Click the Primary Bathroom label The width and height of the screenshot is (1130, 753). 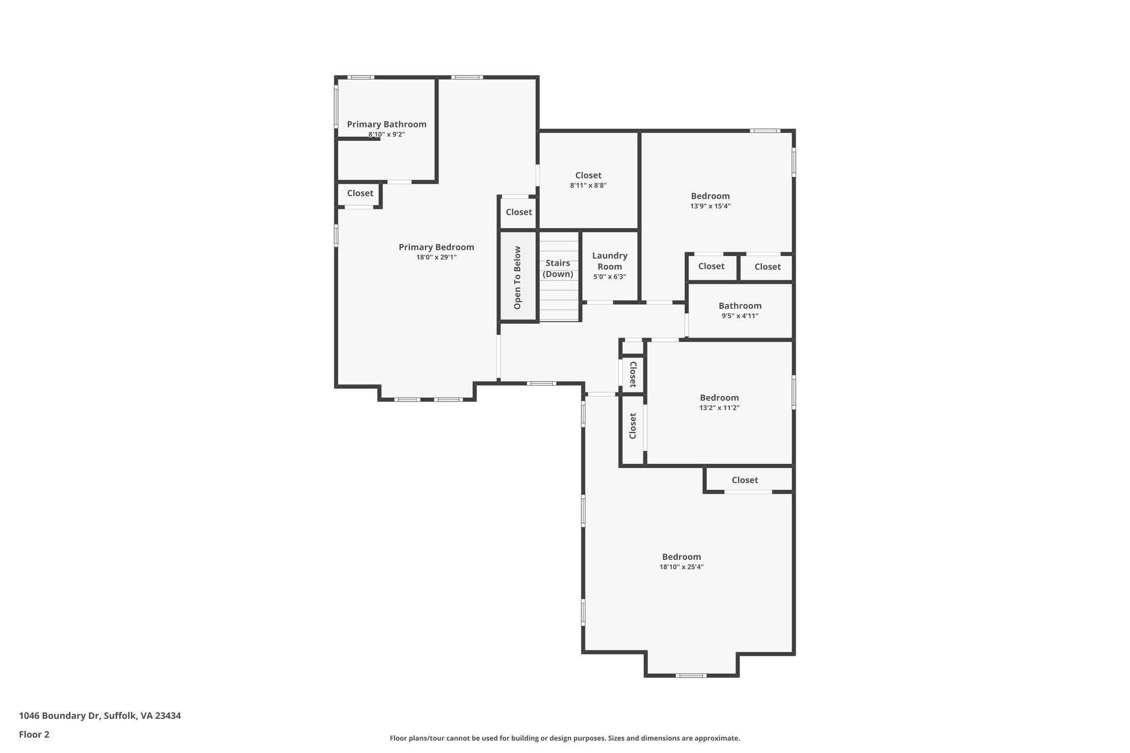[x=386, y=125]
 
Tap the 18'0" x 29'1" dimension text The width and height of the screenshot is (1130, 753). [x=436, y=257]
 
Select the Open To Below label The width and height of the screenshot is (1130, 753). [x=518, y=277]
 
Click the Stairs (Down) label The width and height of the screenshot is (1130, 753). [x=558, y=269]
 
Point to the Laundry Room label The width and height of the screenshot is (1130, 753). [x=610, y=261]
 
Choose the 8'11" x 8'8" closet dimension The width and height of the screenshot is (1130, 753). [x=588, y=186]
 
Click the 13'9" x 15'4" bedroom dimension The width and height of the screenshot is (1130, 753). [x=710, y=206]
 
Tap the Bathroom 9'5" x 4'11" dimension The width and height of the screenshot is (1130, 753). [x=740, y=316]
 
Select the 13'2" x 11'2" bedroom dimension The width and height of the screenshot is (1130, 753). [x=719, y=408]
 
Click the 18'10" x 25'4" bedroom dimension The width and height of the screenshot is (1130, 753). [x=681, y=567]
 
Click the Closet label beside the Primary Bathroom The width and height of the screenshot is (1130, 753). [x=360, y=193]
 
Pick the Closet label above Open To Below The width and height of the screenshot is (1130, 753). [x=519, y=212]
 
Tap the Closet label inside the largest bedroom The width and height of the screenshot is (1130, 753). [x=745, y=480]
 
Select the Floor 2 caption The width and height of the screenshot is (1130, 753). [x=34, y=734]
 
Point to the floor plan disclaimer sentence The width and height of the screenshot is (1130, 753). [x=564, y=738]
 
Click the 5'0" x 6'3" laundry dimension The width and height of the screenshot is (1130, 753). [x=610, y=277]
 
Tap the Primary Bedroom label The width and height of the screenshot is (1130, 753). [x=436, y=247]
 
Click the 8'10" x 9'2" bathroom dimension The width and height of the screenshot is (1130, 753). [x=386, y=135]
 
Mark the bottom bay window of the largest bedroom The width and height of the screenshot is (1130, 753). [x=691, y=675]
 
